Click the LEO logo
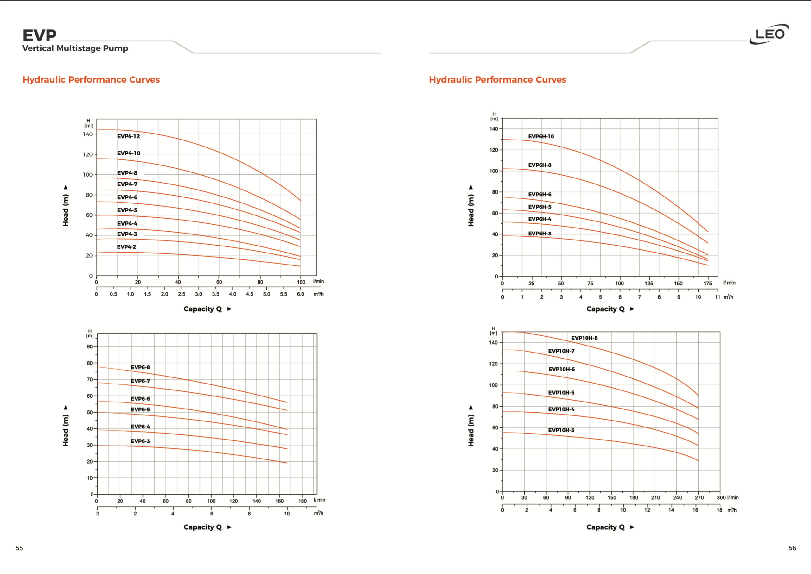(769, 34)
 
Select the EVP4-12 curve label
(128, 136)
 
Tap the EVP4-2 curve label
(126, 247)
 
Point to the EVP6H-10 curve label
(541, 136)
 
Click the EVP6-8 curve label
(140, 367)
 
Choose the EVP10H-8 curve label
(584, 338)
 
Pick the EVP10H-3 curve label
(561, 430)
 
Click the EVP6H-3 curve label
(540, 234)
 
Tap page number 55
(19, 548)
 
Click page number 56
(792, 548)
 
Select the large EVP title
(39, 35)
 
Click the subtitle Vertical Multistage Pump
(75, 48)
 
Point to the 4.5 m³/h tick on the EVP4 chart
(249, 294)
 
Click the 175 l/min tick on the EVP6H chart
(707, 284)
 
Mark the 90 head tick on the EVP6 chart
(90, 347)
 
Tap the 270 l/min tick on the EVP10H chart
(699, 498)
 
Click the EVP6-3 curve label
(140, 441)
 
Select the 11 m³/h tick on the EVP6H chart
(717, 297)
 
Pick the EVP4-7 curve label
(127, 184)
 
